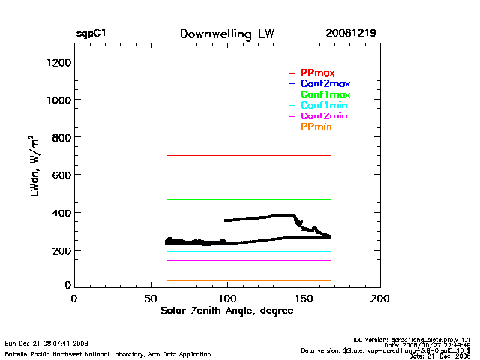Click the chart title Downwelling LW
pyautogui.click(x=226, y=34)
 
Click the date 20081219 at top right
pyautogui.click(x=351, y=34)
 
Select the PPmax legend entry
pyautogui.click(x=317, y=73)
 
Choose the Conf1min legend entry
pyautogui.click(x=324, y=106)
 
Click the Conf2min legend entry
pyautogui.click(x=324, y=116)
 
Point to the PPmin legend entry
pyautogui.click(x=316, y=127)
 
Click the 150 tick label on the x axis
pyautogui.click(x=304, y=298)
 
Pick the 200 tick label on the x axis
pyautogui.click(x=380, y=298)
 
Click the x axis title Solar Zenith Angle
pyautogui.click(x=226, y=310)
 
